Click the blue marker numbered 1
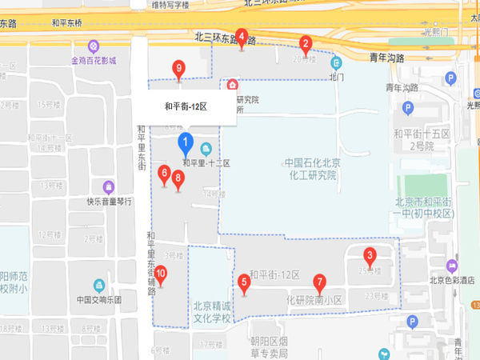[186, 145]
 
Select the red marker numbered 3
[370, 257]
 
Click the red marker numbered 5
[244, 282]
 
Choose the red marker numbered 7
[319, 282]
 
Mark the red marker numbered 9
[178, 69]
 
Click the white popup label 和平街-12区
[186, 106]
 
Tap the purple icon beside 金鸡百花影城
[94, 46]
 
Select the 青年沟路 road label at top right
[388, 57]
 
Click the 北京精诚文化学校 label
[211, 312]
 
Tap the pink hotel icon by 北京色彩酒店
[453, 266]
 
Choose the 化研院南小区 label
[314, 300]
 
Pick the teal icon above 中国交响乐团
[99, 285]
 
